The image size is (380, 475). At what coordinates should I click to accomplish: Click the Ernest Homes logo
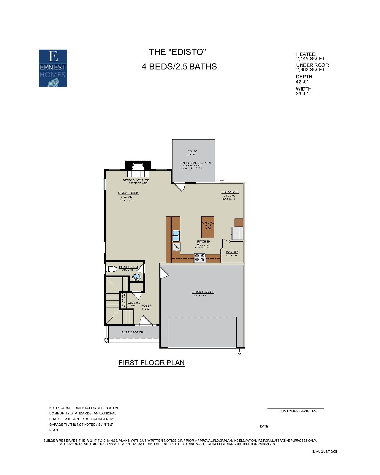(53, 68)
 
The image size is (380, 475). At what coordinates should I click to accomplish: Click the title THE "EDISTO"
(178, 52)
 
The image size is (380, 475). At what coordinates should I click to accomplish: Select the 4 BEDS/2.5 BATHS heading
(179, 66)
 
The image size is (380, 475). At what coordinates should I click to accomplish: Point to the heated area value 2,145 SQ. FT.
(311, 59)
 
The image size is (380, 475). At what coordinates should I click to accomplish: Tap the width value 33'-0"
(302, 94)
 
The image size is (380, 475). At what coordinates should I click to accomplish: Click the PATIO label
(192, 151)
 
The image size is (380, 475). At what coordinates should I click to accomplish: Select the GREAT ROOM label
(128, 193)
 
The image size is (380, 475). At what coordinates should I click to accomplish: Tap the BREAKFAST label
(230, 192)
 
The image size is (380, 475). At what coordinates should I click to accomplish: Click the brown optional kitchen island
(208, 227)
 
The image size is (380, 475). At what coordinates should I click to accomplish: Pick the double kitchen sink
(176, 235)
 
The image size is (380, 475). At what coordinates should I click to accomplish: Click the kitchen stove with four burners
(199, 257)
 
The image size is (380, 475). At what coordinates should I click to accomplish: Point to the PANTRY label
(232, 252)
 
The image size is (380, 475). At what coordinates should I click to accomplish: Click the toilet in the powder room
(111, 269)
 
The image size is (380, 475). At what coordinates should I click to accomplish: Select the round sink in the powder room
(137, 277)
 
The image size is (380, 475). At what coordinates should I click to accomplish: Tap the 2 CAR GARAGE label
(203, 292)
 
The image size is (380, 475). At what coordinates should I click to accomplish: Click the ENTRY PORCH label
(132, 332)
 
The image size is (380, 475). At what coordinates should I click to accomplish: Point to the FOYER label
(146, 306)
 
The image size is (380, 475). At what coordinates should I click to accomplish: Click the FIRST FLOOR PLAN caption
(151, 363)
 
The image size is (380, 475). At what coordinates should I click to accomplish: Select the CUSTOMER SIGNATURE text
(298, 411)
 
